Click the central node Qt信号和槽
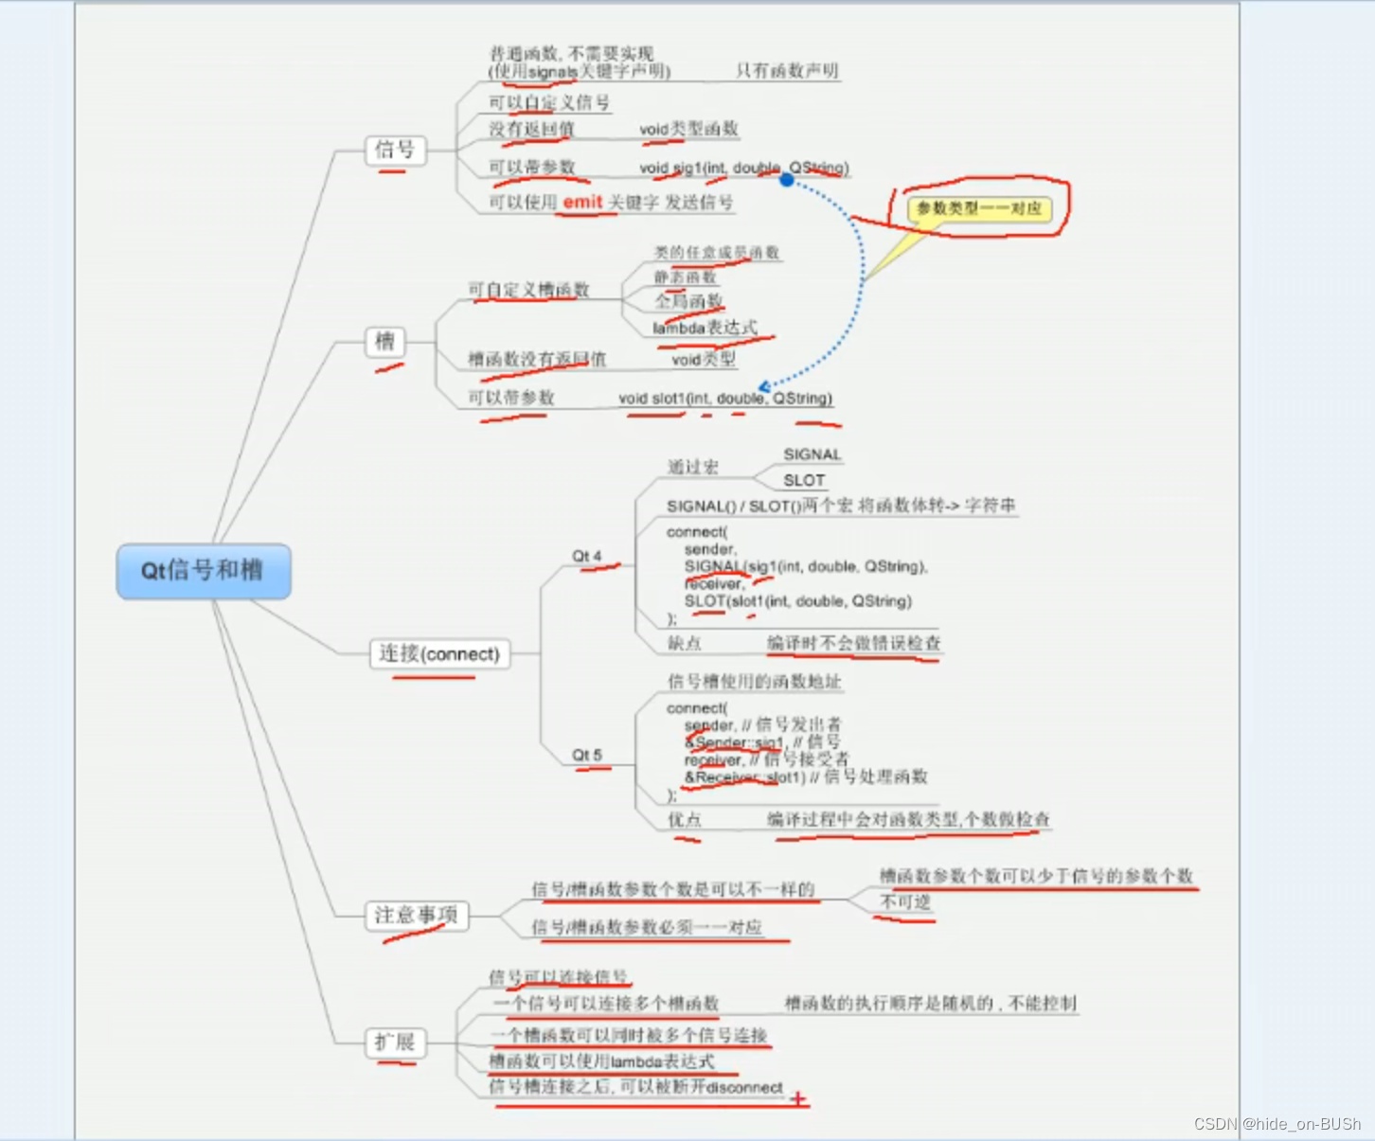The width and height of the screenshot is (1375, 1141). (x=203, y=571)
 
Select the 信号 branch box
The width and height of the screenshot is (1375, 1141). (x=395, y=150)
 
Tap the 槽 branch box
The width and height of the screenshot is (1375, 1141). (x=384, y=342)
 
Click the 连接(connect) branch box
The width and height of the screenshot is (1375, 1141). (x=438, y=654)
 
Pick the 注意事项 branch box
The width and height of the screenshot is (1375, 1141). (x=416, y=915)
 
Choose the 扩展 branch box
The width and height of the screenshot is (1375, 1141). (x=395, y=1043)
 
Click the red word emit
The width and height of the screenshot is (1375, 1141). (x=582, y=202)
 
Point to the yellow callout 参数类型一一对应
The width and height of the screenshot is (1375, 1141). (x=979, y=208)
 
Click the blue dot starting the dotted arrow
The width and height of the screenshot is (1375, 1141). (x=786, y=179)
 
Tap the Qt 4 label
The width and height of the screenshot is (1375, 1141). (x=586, y=556)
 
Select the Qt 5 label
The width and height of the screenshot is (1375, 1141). (x=586, y=755)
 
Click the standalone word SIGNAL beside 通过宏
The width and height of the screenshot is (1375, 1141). (x=812, y=455)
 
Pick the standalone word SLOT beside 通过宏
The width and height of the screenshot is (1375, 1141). (x=804, y=480)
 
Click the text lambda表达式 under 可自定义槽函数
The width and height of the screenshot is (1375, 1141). (x=705, y=328)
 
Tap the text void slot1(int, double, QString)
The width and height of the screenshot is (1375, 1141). (x=725, y=399)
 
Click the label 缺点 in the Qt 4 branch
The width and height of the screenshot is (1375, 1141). (x=684, y=643)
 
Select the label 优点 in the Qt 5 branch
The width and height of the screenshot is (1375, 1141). (x=684, y=819)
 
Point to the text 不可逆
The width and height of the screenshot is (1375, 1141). (x=905, y=901)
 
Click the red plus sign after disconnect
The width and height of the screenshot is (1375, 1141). (x=798, y=1098)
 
